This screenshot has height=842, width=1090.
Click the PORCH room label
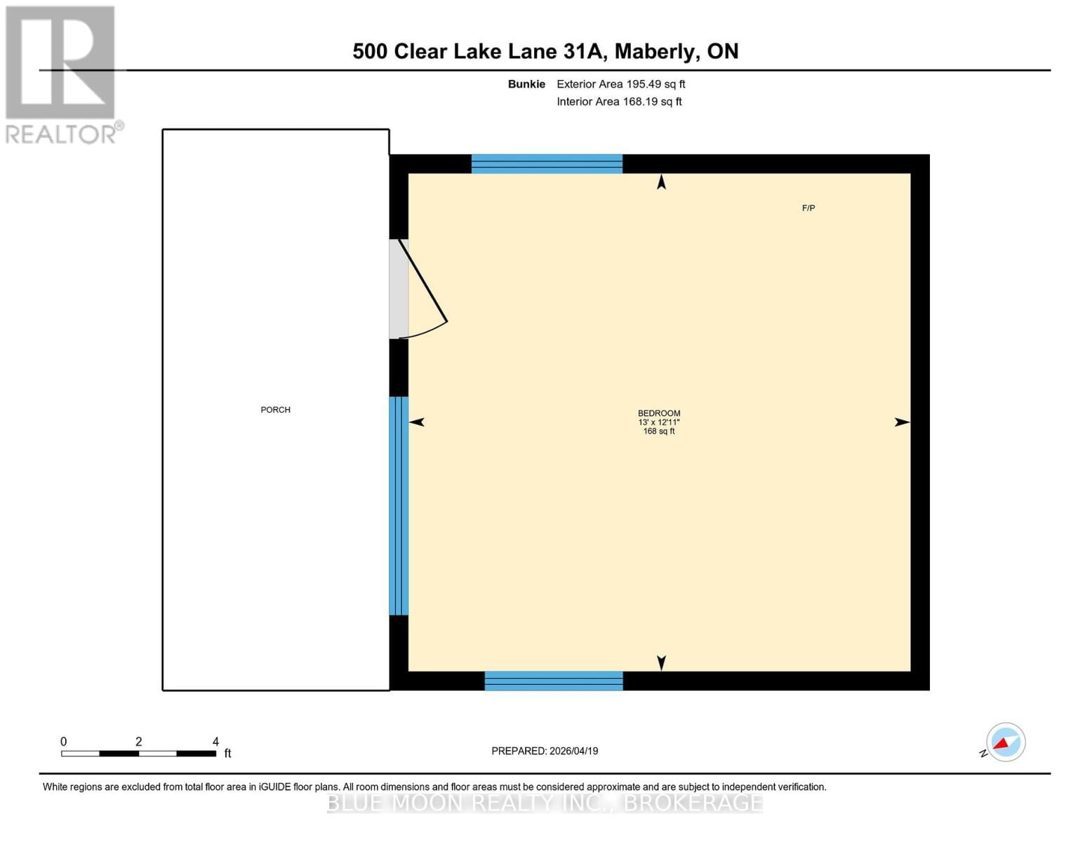click(275, 410)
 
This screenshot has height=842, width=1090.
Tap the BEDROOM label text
click(658, 413)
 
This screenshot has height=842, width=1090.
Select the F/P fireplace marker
click(808, 208)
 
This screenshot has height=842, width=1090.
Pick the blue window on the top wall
click(547, 163)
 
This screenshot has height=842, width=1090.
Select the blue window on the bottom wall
click(554, 681)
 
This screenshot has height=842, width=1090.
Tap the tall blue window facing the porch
click(399, 505)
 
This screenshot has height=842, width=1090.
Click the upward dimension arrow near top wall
click(661, 182)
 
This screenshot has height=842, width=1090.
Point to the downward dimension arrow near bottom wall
click(661, 662)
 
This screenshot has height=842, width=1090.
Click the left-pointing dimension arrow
click(417, 422)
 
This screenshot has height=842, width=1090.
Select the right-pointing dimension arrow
click(902, 422)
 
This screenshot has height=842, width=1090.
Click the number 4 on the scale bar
click(215, 742)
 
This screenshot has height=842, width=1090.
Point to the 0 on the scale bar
click(64, 742)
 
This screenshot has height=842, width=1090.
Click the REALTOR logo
click(62, 74)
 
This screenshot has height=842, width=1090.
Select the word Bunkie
click(526, 84)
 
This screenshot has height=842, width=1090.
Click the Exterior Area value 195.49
click(645, 84)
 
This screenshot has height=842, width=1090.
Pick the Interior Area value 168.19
click(641, 102)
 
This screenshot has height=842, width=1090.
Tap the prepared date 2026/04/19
click(573, 751)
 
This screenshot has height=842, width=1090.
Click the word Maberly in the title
click(657, 51)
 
